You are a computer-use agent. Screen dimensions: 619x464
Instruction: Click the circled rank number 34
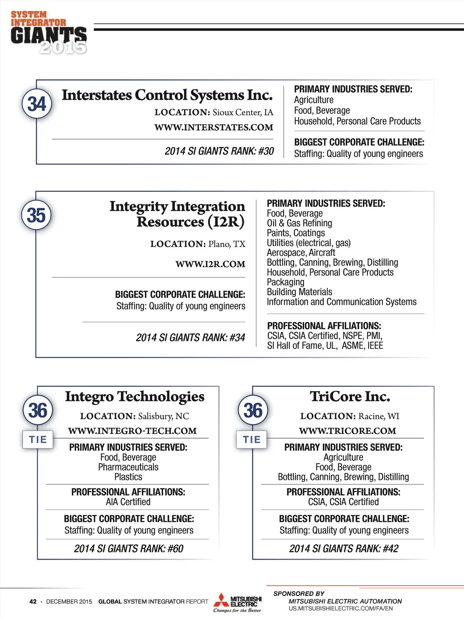click(x=37, y=103)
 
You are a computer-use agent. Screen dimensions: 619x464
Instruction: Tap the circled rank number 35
click(x=36, y=215)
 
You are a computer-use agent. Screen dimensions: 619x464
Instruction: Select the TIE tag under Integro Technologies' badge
click(x=38, y=439)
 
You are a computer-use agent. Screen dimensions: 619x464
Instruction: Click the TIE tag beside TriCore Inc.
click(x=252, y=439)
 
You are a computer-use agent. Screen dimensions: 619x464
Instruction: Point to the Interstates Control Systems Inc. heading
click(x=167, y=95)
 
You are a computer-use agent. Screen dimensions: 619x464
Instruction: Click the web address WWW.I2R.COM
click(x=210, y=264)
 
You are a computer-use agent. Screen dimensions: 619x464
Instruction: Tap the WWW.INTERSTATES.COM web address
click(x=214, y=127)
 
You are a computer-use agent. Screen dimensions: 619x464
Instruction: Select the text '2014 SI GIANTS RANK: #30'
click(x=219, y=151)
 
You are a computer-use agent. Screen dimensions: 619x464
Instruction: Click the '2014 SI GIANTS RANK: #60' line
click(x=129, y=549)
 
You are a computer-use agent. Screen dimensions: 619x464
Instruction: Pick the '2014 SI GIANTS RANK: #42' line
click(x=344, y=549)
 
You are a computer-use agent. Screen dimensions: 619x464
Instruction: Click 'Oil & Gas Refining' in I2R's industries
click(x=300, y=223)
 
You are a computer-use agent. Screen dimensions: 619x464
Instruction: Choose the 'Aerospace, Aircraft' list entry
click(x=301, y=253)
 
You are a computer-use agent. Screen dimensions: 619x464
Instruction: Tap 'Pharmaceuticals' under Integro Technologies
click(x=128, y=467)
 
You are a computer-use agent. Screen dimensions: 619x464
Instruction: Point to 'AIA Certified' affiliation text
click(x=128, y=502)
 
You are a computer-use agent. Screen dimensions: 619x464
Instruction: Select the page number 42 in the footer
click(x=33, y=602)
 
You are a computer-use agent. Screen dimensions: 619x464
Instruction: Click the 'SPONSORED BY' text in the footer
click(x=299, y=594)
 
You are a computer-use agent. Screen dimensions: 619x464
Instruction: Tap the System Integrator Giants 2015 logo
click(x=48, y=33)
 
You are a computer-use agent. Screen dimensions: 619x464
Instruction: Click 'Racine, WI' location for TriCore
click(x=379, y=416)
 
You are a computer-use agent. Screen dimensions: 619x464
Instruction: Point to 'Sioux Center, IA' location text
click(x=243, y=112)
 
